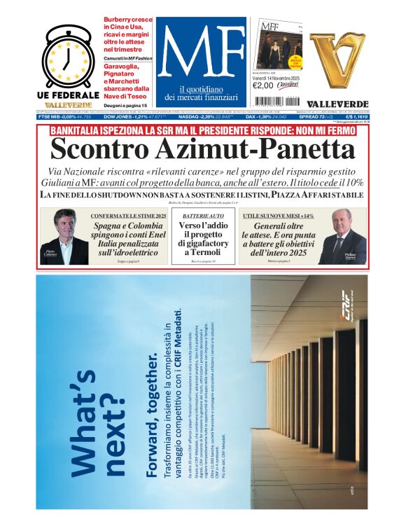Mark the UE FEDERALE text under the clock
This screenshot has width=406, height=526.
68,95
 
